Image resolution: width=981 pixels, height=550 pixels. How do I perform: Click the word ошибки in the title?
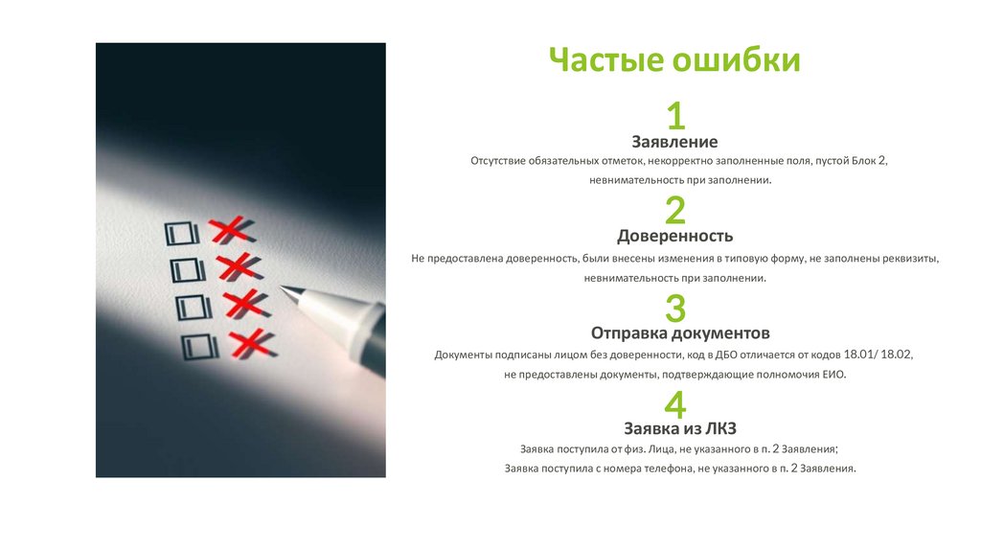point(737,59)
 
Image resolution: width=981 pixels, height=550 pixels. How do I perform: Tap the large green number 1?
point(675,116)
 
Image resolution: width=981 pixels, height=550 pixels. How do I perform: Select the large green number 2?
point(675,210)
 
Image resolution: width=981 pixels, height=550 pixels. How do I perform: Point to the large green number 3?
point(675,308)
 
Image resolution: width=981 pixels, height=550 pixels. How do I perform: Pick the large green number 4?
point(675,405)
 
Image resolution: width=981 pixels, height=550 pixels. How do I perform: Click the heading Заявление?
point(674,142)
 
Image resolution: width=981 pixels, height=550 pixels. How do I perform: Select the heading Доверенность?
point(675,237)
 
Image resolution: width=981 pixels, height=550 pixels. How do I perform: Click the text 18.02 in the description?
point(896,355)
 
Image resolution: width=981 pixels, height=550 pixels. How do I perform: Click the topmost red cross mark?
point(232,230)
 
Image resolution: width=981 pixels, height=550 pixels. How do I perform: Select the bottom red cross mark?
point(252,345)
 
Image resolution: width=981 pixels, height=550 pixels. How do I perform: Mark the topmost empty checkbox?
point(182,234)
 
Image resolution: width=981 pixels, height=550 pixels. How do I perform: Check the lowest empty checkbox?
point(199,347)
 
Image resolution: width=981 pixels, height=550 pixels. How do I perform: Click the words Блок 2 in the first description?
point(868,161)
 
